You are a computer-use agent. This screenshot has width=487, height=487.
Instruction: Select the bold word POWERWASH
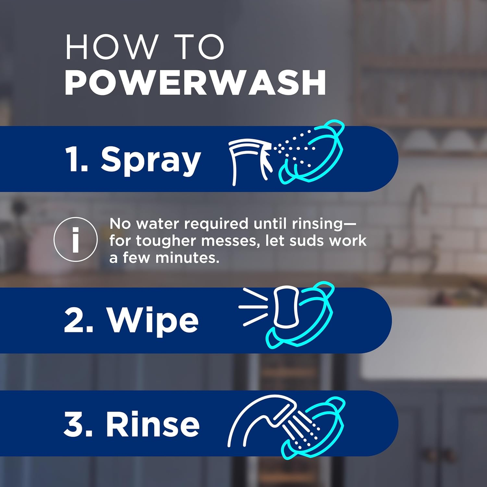click(195, 83)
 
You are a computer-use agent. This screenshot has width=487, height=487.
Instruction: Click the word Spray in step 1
click(151, 159)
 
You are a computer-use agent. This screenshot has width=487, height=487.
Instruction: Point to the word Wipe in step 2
click(153, 321)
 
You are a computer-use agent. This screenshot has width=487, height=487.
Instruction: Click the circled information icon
click(75, 239)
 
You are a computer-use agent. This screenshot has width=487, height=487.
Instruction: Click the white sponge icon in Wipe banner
click(286, 307)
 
